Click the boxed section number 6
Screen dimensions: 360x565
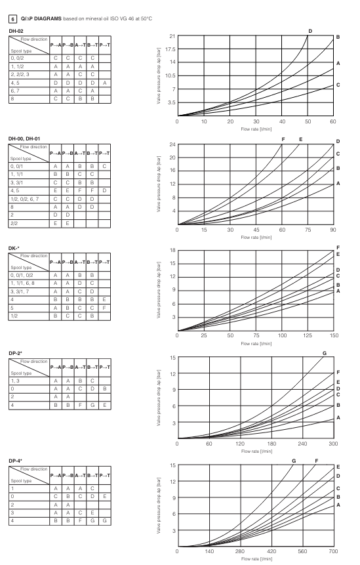12,19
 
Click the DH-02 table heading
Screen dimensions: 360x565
16,31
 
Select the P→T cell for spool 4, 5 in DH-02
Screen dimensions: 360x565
104,83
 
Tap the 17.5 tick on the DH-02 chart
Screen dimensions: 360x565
170,49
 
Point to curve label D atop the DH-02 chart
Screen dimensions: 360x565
310,31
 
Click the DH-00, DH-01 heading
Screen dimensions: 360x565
24,138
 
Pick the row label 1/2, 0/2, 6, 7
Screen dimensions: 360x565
24,199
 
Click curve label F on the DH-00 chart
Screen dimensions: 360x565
283,140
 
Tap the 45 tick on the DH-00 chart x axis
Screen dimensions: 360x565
256,230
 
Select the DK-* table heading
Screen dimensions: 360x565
14,248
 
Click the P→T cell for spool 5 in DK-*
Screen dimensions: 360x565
104,308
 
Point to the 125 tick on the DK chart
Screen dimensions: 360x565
308,335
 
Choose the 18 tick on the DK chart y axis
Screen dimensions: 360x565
172,251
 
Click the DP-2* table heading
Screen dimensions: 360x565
16,353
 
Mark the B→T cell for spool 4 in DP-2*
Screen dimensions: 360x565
92,405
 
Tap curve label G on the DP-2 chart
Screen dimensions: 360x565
325,354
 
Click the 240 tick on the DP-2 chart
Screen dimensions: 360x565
302,444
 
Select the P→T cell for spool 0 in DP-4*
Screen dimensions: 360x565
104,496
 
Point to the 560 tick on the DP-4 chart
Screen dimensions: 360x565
302,551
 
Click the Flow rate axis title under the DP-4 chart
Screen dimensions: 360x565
256,559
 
